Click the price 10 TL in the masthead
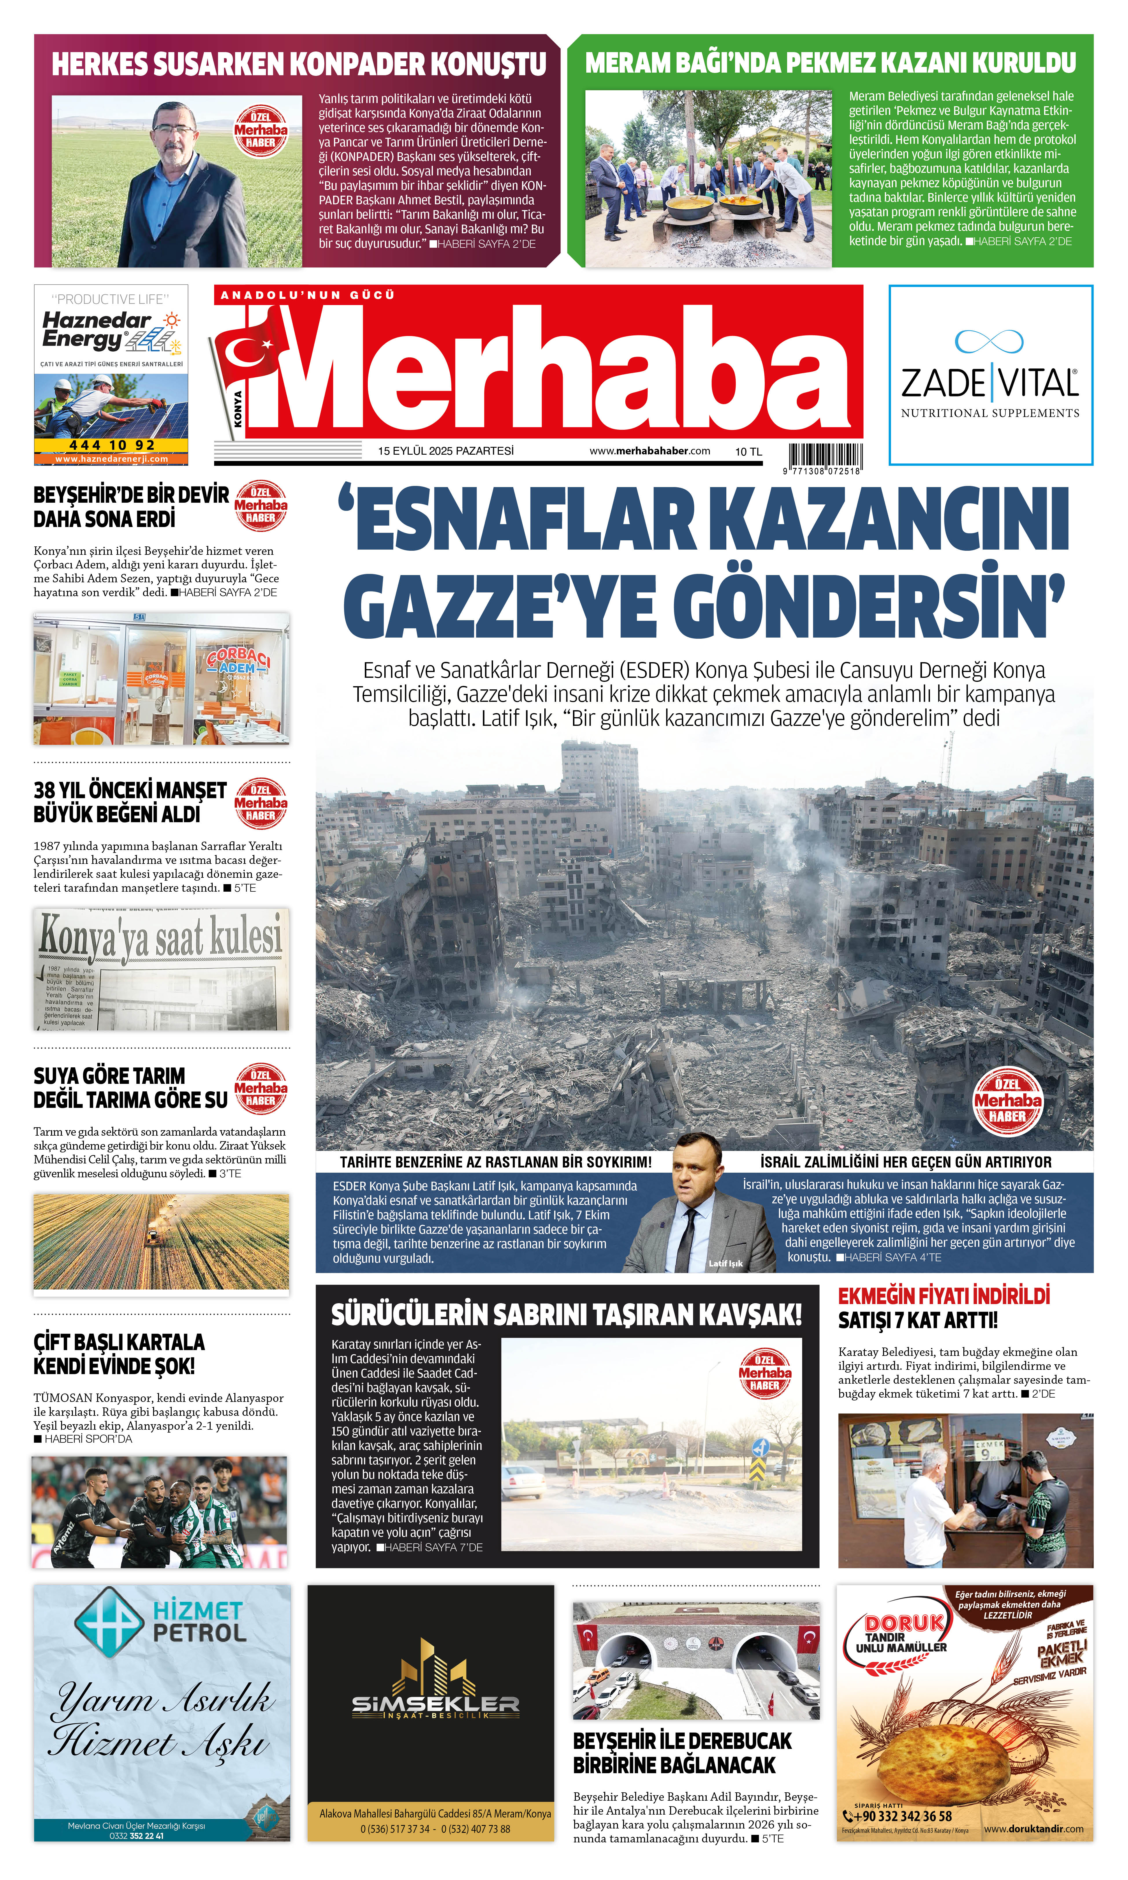(748, 451)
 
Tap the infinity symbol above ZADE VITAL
(989, 341)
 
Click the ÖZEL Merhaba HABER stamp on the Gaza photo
(1008, 1100)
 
